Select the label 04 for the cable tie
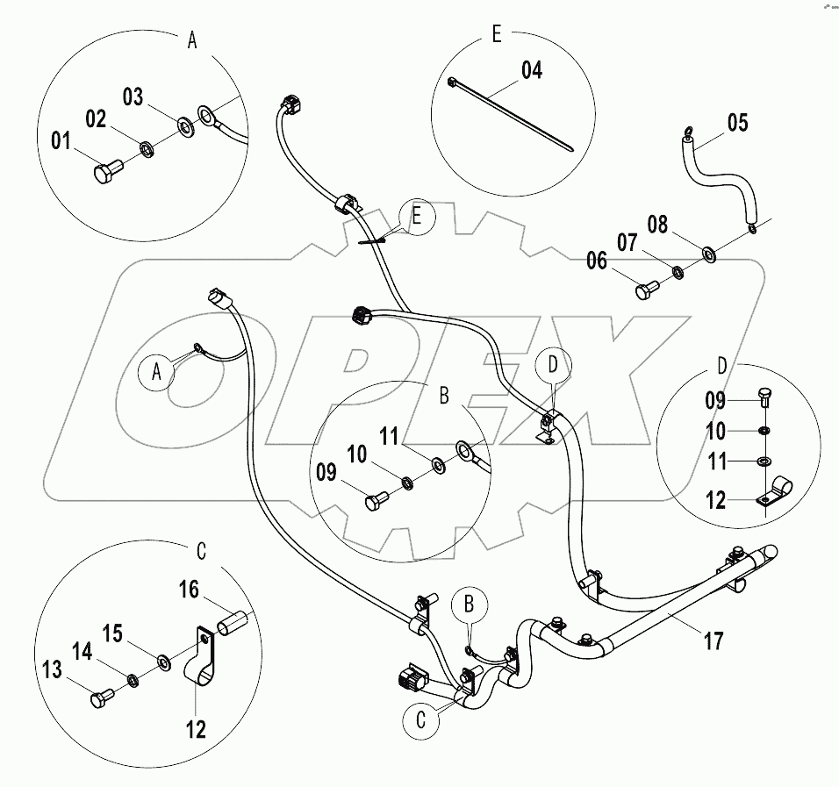point(532,70)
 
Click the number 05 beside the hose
point(737,123)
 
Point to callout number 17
point(714,641)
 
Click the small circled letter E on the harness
point(417,218)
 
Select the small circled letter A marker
point(157,371)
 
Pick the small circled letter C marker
point(421,720)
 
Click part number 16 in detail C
point(189,590)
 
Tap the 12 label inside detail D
point(717,500)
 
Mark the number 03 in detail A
point(132,97)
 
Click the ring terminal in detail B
point(465,453)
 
